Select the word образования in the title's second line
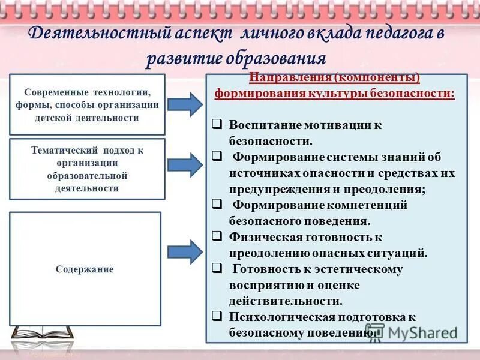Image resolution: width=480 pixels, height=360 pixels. [x=278, y=59]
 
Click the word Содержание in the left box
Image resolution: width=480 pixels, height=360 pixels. [x=85, y=269]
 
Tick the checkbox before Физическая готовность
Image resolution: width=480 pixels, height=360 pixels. [x=217, y=236]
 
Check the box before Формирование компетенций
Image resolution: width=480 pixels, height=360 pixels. [x=217, y=204]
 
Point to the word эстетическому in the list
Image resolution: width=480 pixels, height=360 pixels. [x=359, y=269]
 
